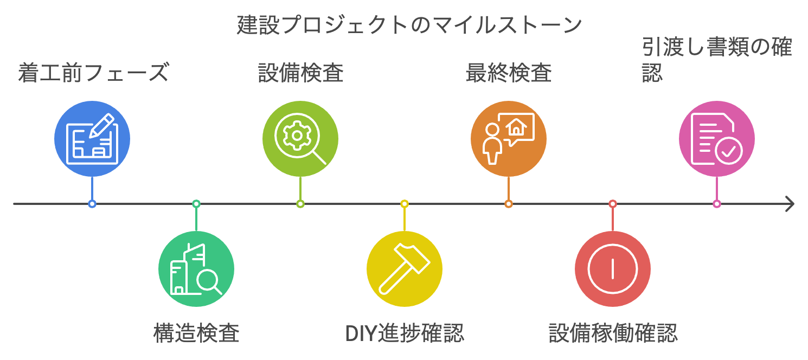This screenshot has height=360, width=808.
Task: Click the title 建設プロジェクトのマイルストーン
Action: [x=409, y=25]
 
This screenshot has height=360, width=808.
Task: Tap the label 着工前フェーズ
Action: [x=93, y=73]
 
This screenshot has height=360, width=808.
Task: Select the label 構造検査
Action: [x=196, y=332]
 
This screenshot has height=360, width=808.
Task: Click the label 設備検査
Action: [x=300, y=73]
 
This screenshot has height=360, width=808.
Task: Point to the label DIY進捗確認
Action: [x=405, y=332]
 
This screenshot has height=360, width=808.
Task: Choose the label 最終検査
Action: [x=509, y=73]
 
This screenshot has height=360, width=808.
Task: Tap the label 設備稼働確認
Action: [x=613, y=332]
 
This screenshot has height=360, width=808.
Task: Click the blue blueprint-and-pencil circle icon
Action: [x=92, y=139]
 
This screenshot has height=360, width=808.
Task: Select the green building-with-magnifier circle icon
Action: [x=196, y=269]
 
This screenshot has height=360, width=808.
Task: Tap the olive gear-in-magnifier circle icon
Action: [x=300, y=139]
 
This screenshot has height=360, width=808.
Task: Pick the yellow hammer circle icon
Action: [x=405, y=269]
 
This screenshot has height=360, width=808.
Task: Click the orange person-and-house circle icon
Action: [x=509, y=139]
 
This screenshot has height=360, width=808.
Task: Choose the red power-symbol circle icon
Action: [x=613, y=269]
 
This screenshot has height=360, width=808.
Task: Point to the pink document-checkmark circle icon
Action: [x=717, y=139]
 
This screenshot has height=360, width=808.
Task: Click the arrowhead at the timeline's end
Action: [x=790, y=204]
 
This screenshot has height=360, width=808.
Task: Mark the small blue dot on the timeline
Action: [x=92, y=204]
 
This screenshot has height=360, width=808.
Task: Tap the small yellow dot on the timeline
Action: [x=405, y=204]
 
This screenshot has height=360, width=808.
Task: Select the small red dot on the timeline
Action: [x=613, y=204]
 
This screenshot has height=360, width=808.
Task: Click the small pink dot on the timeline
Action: [x=717, y=204]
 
